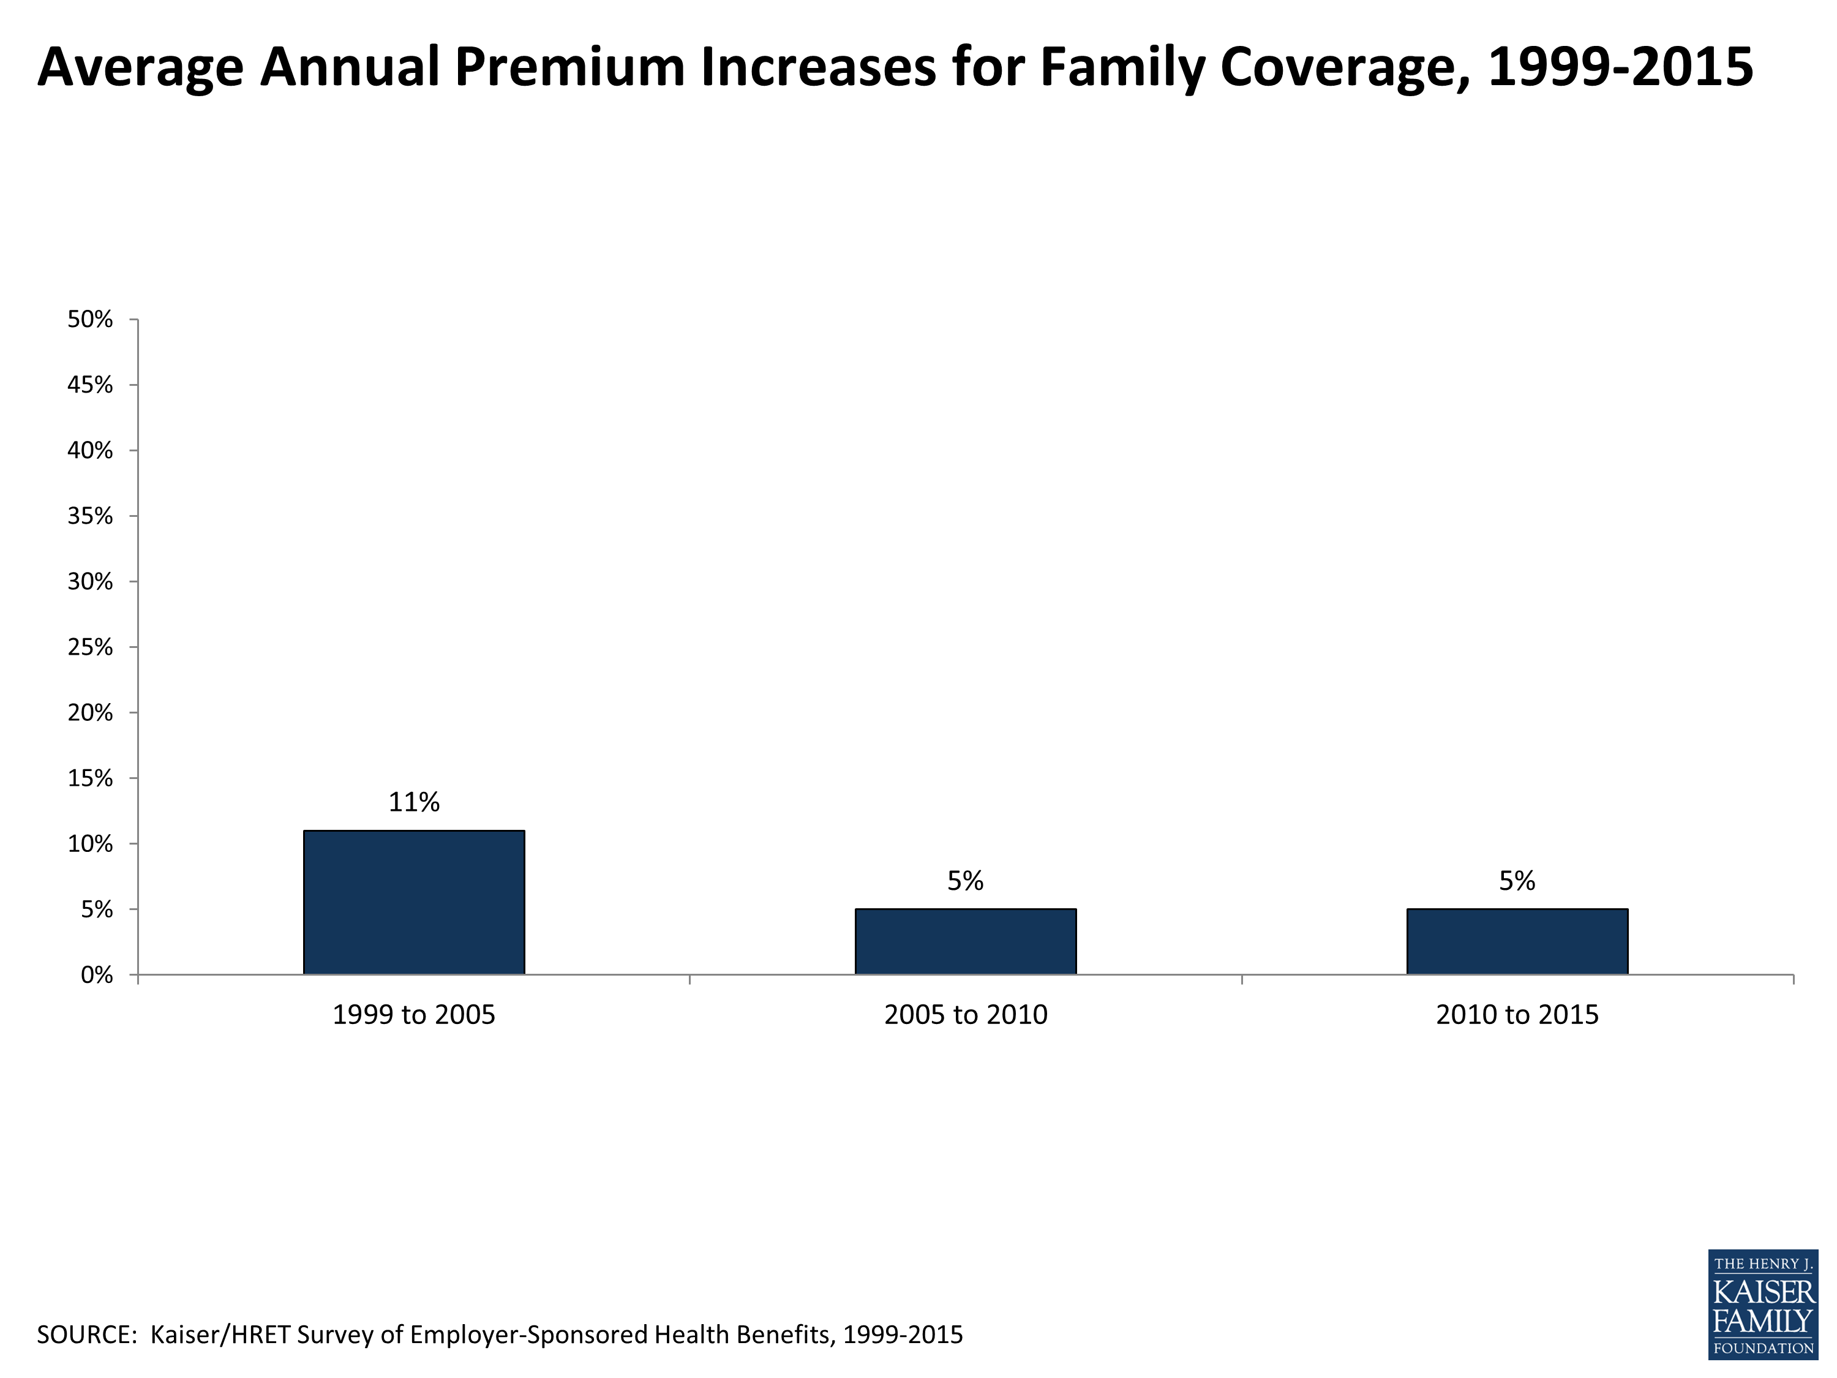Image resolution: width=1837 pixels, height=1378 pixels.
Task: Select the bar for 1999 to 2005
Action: [x=413, y=902]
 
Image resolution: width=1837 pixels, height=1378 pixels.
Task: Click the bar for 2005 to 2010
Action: [x=965, y=941]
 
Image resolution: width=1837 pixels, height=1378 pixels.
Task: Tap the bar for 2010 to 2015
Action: [x=1516, y=941]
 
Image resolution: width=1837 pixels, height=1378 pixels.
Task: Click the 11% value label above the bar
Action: [x=413, y=802]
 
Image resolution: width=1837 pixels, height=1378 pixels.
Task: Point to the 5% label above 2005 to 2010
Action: [x=965, y=881]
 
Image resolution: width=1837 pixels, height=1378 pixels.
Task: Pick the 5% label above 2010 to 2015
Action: [x=1516, y=881]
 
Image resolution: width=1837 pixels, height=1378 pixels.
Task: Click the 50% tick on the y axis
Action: [x=89, y=319]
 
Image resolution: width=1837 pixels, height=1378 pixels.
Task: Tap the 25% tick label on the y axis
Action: [x=89, y=647]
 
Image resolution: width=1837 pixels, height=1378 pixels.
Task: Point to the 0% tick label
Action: [x=96, y=975]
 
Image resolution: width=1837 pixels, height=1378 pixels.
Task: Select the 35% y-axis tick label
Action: [x=89, y=516]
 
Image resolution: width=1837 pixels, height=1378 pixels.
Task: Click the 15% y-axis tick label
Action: [x=89, y=778]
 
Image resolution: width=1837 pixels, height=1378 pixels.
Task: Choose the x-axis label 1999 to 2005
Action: [x=413, y=1015]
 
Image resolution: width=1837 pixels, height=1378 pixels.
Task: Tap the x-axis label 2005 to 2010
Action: [x=965, y=1015]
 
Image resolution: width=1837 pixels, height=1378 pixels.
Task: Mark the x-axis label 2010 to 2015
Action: [x=1516, y=1015]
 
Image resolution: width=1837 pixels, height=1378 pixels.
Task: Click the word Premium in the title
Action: [x=569, y=66]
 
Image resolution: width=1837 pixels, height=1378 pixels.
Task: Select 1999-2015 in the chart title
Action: [x=1620, y=66]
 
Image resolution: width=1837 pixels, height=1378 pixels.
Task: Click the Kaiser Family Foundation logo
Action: [x=1762, y=1304]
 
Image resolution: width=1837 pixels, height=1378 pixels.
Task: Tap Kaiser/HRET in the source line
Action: [x=220, y=1335]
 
